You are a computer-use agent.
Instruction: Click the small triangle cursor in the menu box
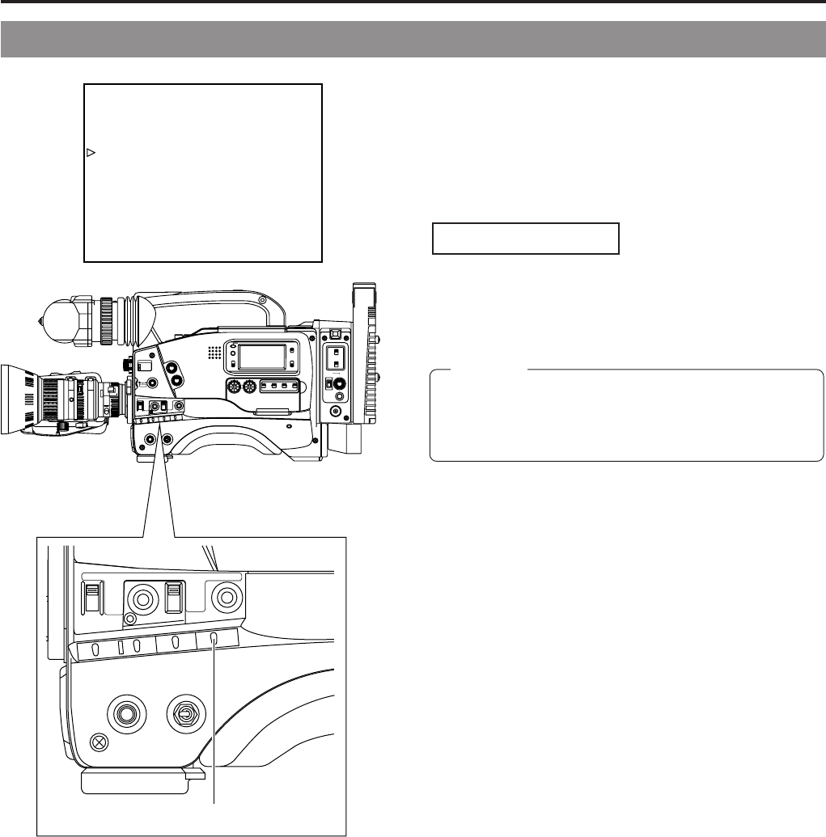[x=91, y=152]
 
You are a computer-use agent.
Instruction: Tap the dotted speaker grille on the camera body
[x=214, y=353]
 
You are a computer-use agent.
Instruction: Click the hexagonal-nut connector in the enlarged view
[x=184, y=715]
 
